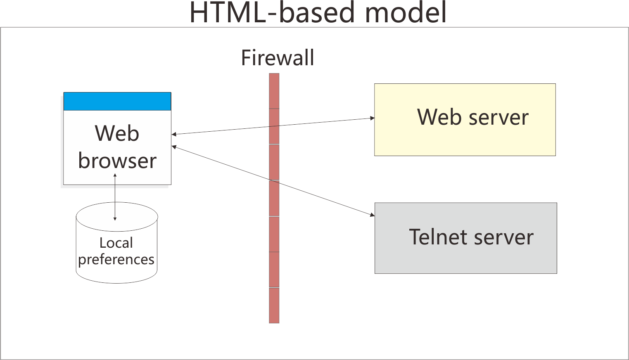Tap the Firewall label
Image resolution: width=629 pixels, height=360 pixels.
point(277,58)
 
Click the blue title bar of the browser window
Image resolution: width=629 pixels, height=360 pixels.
point(117,102)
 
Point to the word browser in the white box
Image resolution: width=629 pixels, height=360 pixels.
point(117,161)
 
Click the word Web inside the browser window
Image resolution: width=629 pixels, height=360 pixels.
point(117,133)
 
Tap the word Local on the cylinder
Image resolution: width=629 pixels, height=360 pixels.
point(116,243)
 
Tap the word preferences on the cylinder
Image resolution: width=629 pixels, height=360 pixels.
point(116,260)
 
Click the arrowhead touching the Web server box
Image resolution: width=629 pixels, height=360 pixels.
point(372,118)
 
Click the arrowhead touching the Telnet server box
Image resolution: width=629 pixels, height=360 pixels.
point(372,215)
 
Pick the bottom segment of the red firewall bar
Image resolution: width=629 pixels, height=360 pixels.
point(274,306)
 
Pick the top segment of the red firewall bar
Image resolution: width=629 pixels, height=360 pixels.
point(274,91)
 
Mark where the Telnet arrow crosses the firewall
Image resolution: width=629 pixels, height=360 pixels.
point(274,181)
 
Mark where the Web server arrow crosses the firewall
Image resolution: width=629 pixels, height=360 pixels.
point(274,126)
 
